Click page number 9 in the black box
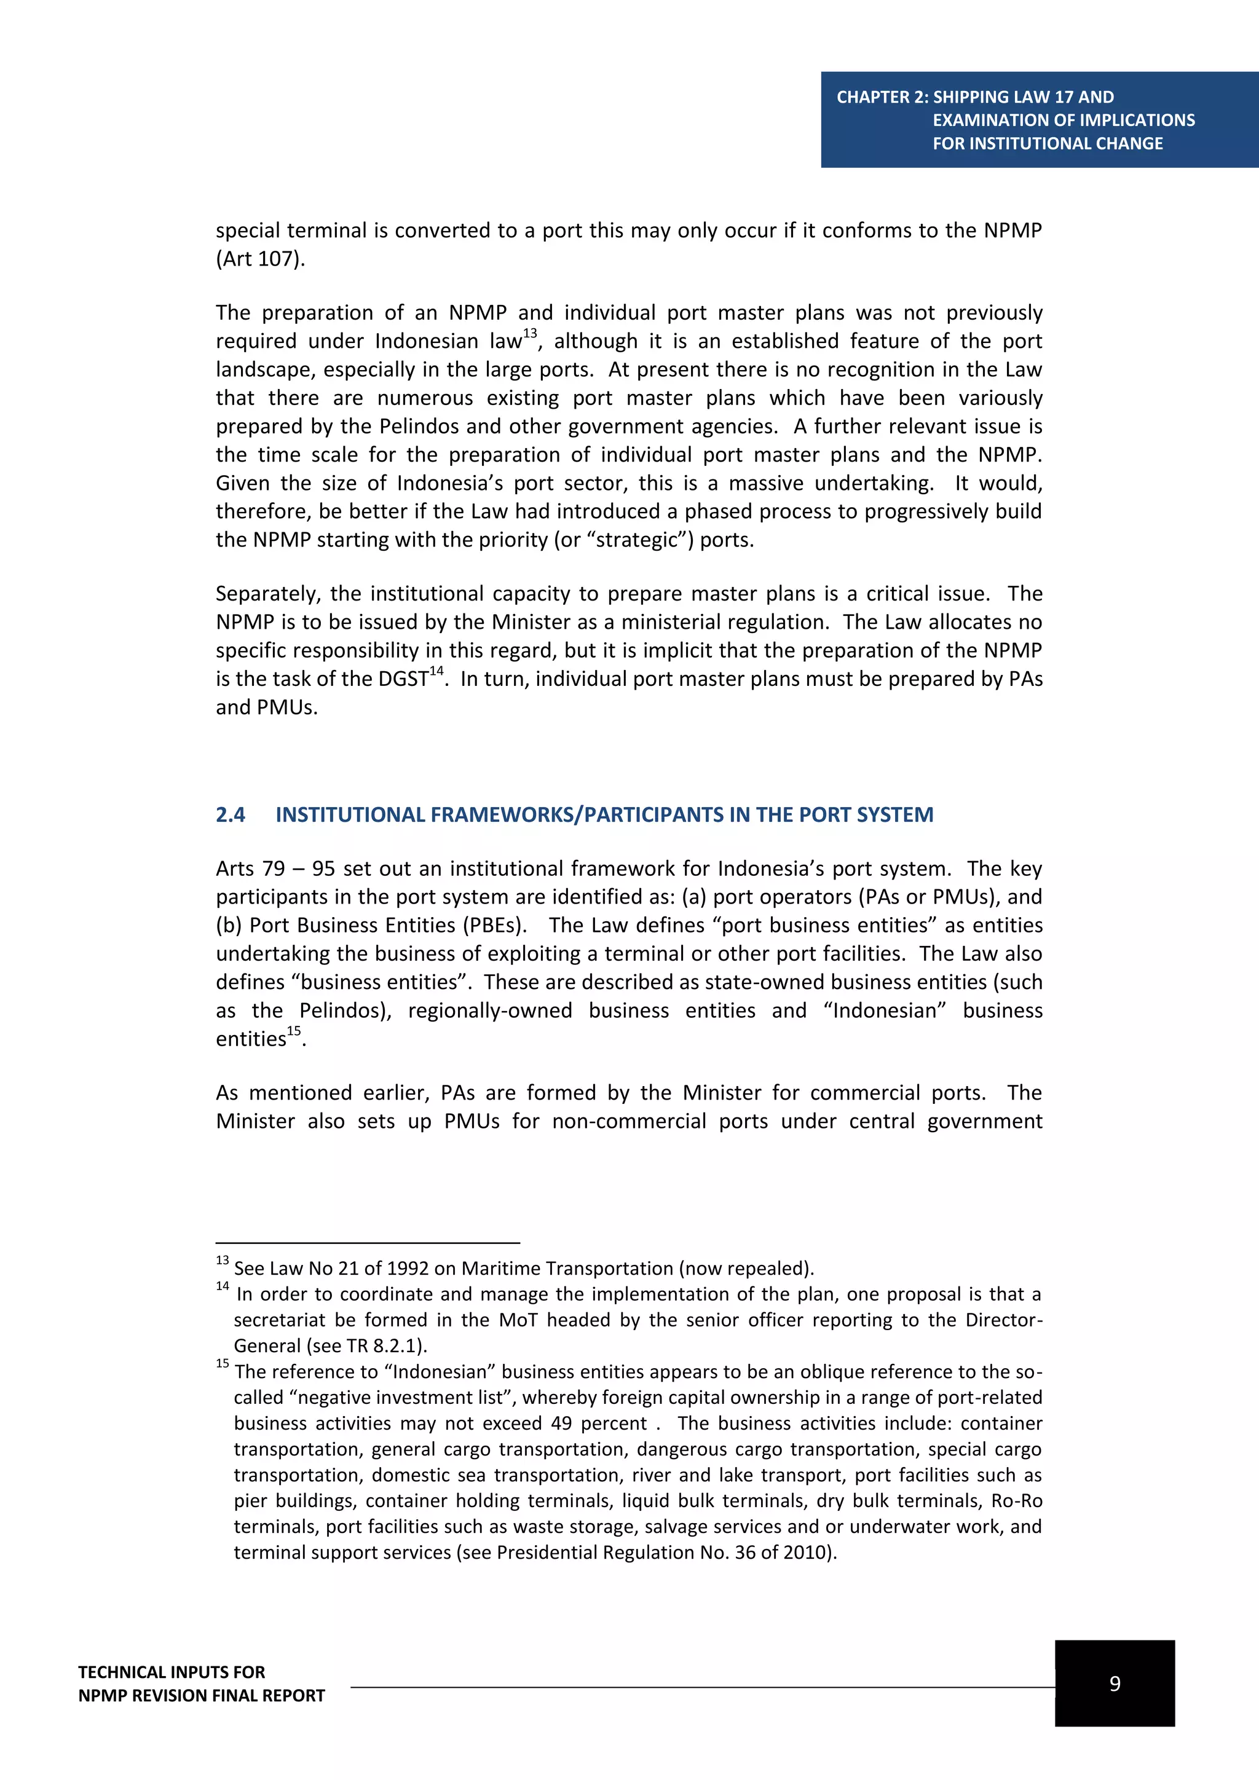1114,1683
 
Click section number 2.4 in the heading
231,815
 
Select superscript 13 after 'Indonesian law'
529,333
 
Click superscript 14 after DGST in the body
436,671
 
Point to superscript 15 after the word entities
294,1031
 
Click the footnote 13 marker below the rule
223,1261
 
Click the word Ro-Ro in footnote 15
1016,1501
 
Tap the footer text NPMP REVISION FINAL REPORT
202,1696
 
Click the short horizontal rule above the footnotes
368,1243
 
